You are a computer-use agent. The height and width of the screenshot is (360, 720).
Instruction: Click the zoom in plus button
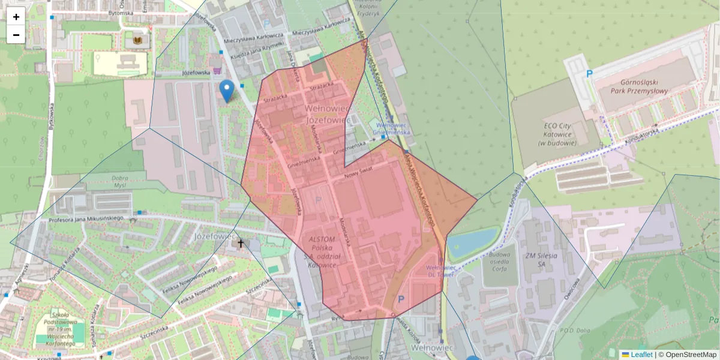click(16, 17)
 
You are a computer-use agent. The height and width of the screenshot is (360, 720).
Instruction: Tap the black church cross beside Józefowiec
click(241, 244)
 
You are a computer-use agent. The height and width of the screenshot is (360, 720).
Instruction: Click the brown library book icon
click(139, 40)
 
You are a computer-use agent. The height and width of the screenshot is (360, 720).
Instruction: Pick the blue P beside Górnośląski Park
click(589, 74)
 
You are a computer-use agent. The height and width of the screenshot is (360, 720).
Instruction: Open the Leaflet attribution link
click(641, 355)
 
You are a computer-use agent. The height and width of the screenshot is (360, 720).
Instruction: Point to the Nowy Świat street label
click(359, 175)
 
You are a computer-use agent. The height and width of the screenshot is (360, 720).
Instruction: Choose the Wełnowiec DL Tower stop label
click(442, 270)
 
